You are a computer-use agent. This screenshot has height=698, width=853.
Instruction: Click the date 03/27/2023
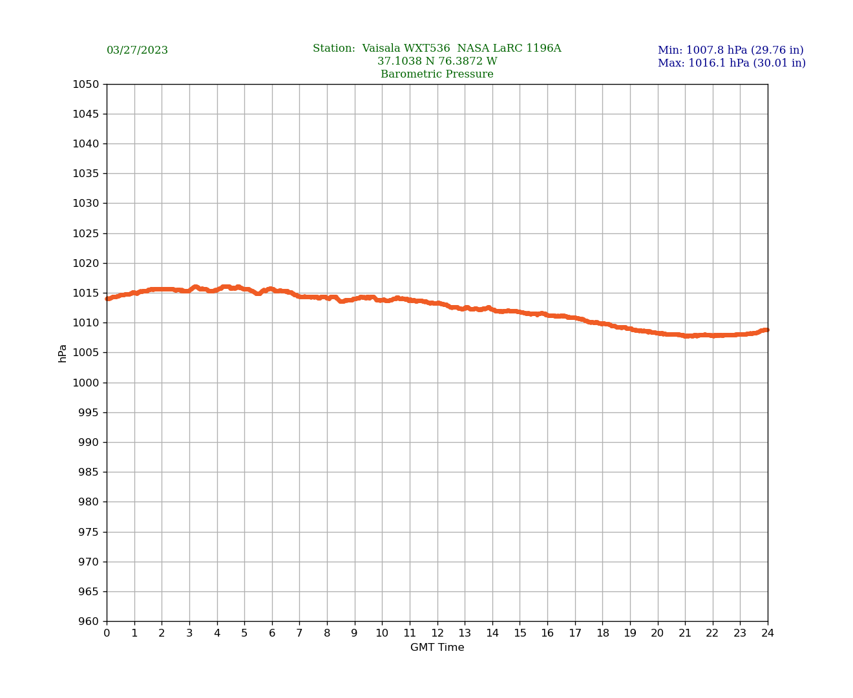coord(137,50)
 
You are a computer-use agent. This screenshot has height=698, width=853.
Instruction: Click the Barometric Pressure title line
coord(437,74)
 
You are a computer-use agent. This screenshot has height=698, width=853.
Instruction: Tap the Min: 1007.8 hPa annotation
coord(730,50)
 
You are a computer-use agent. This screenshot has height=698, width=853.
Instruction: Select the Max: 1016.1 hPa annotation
coord(732,63)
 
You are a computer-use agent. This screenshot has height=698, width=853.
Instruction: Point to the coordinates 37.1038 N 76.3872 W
coord(437,61)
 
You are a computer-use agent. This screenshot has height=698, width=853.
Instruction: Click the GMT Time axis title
coord(437,648)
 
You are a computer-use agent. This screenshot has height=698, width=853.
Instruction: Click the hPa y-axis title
coord(63,353)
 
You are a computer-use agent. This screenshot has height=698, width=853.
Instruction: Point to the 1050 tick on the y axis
coord(85,84)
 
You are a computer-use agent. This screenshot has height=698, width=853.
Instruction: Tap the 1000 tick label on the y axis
coord(85,383)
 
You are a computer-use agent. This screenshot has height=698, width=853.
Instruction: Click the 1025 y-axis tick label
coord(85,233)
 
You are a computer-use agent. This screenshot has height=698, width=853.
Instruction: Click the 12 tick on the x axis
coord(437,633)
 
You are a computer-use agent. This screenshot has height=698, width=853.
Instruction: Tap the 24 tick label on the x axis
coord(768,633)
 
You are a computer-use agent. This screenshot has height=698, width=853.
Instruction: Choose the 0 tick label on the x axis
coord(107,633)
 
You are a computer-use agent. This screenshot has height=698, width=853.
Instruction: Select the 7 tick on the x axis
coord(299,633)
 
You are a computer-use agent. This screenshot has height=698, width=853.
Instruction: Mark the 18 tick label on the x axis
coord(602,633)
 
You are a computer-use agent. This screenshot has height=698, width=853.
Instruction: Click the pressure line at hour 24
coord(766,330)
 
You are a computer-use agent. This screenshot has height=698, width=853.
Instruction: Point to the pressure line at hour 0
coord(107,299)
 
